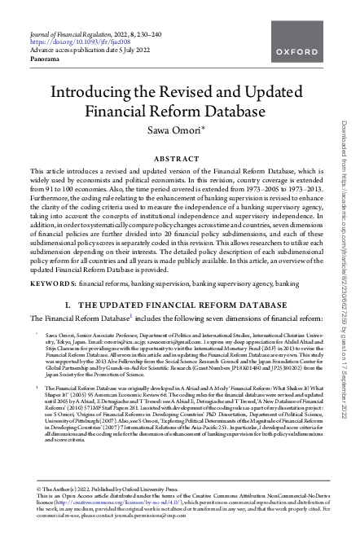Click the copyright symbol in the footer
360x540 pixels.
pyautogui.click(x=33, y=487)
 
